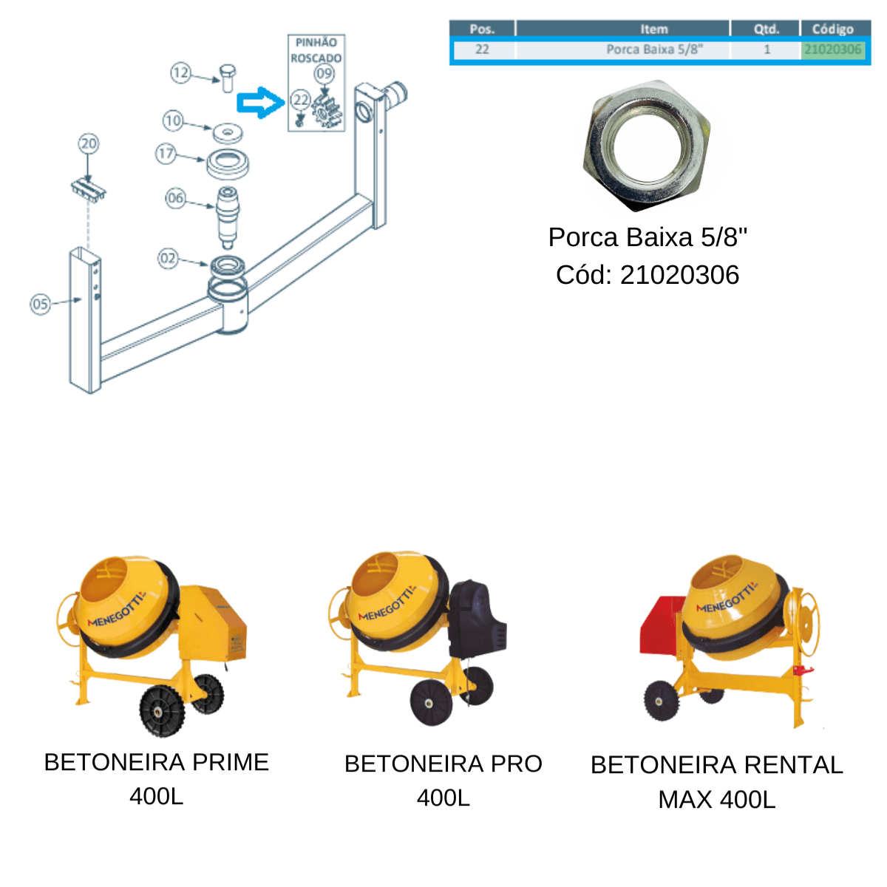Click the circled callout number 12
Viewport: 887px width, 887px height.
pyautogui.click(x=180, y=72)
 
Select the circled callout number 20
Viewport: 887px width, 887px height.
pyautogui.click(x=89, y=143)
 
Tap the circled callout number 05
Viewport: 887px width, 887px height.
pyautogui.click(x=40, y=305)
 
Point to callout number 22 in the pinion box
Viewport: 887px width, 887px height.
pyautogui.click(x=301, y=100)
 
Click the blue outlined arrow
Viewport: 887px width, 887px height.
pyautogui.click(x=260, y=103)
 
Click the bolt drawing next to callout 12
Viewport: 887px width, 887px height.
pyautogui.click(x=228, y=78)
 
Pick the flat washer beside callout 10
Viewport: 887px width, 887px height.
pyautogui.click(x=228, y=132)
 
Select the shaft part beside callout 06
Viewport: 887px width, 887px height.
pyautogui.click(x=228, y=217)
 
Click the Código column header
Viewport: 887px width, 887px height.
pyautogui.click(x=832, y=29)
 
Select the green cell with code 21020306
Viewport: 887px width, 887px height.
pyautogui.click(x=832, y=50)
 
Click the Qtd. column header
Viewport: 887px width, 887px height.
pyautogui.click(x=766, y=29)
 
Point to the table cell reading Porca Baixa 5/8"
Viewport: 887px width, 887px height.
pyautogui.click(x=654, y=50)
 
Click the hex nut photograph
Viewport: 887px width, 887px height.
pyautogui.click(x=647, y=146)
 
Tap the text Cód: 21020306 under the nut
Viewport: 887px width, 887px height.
pyautogui.click(x=648, y=275)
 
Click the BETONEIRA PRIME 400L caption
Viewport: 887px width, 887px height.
pyautogui.click(x=157, y=779)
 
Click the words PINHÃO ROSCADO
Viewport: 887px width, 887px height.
pyautogui.click(x=316, y=50)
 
